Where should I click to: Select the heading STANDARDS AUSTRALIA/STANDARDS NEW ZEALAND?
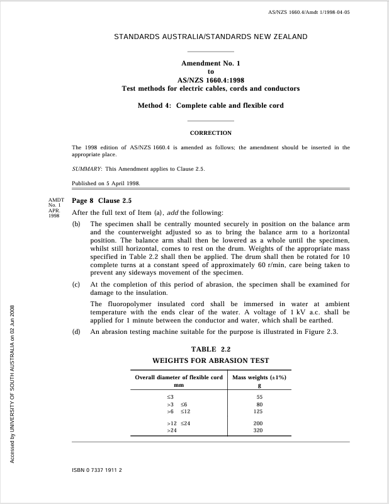(x=211, y=37)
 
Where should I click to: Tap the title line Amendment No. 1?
(x=211, y=64)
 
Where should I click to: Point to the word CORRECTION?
(x=211, y=133)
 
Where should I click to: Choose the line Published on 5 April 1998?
(x=106, y=183)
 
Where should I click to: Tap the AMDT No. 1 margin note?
(x=57, y=205)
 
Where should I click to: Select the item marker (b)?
(x=77, y=224)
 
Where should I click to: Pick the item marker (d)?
(x=77, y=332)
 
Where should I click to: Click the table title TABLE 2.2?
(x=211, y=349)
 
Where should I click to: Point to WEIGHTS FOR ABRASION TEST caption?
(x=211, y=360)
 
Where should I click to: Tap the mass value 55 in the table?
(x=259, y=397)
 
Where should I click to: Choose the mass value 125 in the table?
(x=258, y=411)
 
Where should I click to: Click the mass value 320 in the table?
(x=258, y=430)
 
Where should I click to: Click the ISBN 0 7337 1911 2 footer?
(x=97, y=470)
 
